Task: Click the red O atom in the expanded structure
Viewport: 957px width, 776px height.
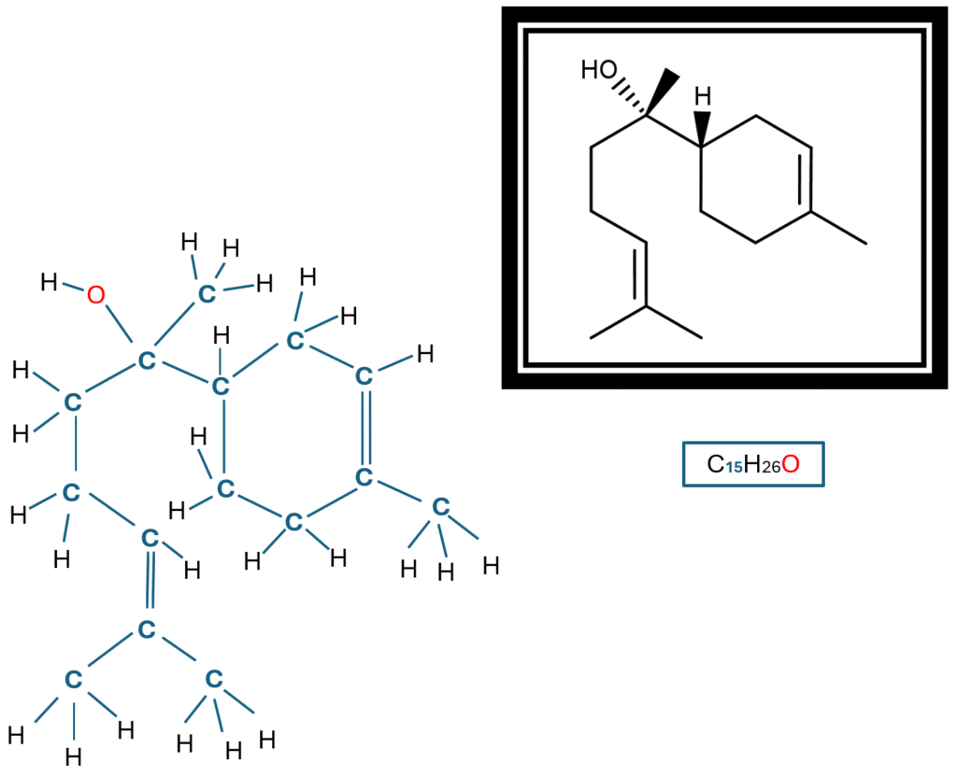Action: click(95, 296)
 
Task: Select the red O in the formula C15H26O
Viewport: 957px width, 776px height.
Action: click(791, 464)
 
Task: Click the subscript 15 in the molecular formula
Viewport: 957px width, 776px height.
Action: click(735, 467)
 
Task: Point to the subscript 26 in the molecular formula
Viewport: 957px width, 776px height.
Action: click(768, 467)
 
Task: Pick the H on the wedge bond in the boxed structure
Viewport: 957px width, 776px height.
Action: click(703, 95)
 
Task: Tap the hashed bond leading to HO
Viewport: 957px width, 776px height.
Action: click(628, 98)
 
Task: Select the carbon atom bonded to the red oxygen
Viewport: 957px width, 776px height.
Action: click(146, 360)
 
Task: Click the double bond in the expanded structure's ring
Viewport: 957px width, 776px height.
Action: click(364, 427)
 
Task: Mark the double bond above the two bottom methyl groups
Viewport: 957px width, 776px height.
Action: click(148, 584)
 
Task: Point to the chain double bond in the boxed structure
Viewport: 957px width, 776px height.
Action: click(642, 276)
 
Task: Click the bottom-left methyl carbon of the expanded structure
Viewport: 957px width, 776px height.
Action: click(72, 679)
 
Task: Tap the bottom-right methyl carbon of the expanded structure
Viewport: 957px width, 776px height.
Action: click(214, 678)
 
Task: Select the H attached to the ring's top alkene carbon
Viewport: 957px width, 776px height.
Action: click(424, 354)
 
